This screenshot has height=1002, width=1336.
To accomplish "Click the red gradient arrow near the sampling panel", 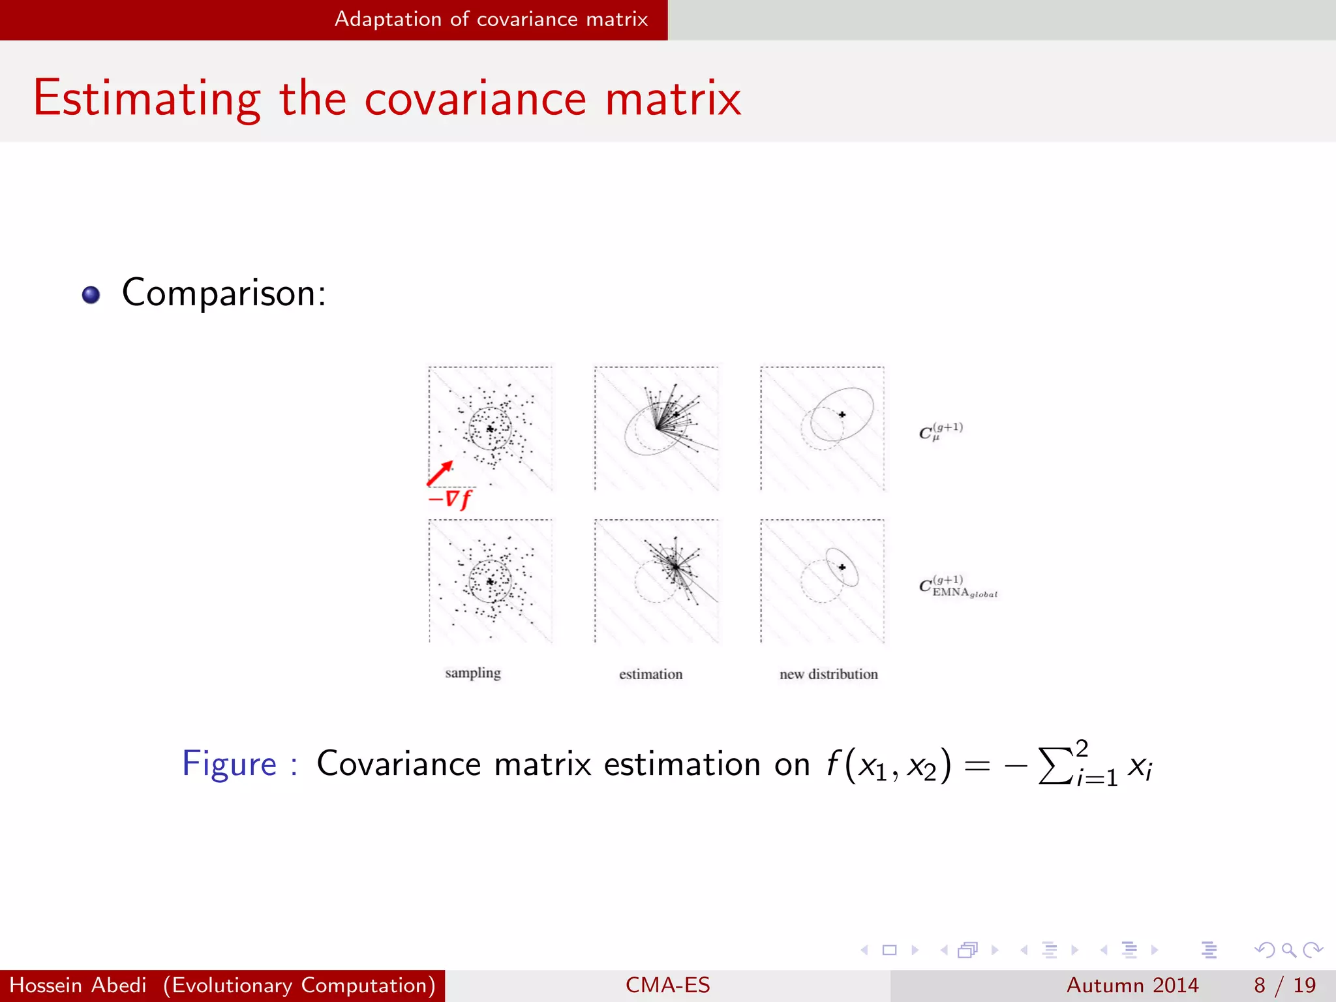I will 440,473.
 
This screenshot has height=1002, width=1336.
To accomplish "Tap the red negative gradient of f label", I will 450,500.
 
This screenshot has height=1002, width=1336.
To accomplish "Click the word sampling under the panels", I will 473,673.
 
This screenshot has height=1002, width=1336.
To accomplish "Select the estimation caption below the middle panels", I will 650,675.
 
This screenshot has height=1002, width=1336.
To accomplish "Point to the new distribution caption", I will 828,675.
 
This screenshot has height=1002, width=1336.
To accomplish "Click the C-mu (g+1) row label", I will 941,431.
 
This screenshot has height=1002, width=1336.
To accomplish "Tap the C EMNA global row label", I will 958,587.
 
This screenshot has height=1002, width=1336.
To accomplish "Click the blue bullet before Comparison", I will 91,295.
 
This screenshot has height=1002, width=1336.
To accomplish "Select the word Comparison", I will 223,293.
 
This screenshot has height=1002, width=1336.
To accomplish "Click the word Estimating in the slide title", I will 147,99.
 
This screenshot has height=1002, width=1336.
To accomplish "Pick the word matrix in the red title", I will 673,99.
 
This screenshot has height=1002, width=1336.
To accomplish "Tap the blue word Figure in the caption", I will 230,764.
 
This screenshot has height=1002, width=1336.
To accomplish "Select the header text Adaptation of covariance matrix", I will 491,20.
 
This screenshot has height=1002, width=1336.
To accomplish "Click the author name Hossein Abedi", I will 78,985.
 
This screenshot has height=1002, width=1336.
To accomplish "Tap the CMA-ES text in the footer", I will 667,985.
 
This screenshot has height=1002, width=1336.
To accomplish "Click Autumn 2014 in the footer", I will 1132,985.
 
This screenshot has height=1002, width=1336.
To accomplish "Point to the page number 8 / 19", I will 1284,985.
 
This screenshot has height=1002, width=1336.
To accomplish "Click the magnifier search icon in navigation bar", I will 1288,950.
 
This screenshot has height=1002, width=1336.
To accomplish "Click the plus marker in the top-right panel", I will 842,414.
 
